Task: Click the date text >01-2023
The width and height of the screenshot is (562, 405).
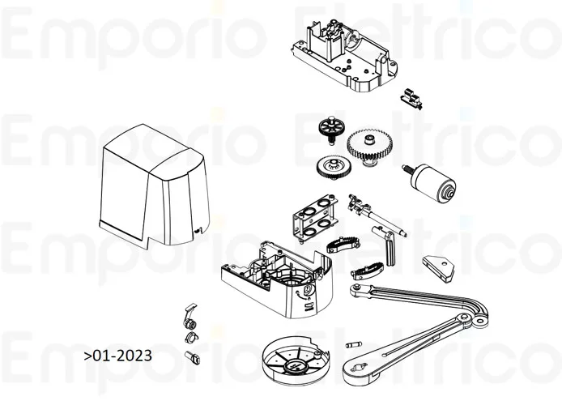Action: pos(117,356)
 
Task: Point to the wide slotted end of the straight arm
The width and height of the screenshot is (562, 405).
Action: pos(356,373)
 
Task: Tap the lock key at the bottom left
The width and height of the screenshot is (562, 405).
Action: pos(193,356)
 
